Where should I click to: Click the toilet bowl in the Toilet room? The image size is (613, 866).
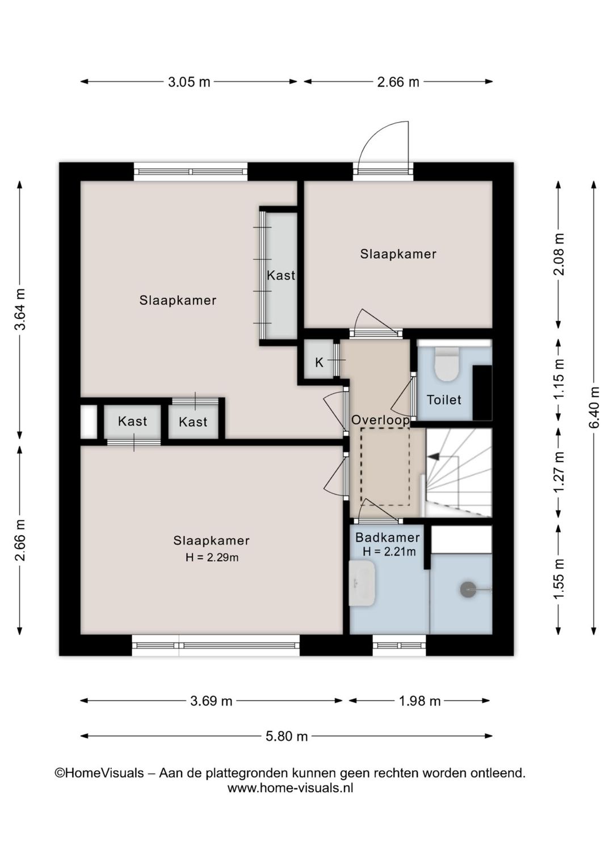(x=447, y=364)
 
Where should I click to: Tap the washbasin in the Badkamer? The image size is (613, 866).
(x=362, y=583)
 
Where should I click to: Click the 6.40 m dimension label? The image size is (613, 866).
(x=594, y=407)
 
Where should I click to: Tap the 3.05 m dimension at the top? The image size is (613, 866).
(x=189, y=82)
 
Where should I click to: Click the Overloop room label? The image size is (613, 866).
(x=380, y=420)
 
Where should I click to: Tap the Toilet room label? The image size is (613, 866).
(x=444, y=400)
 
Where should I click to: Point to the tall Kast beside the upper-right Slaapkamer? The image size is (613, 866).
(x=281, y=275)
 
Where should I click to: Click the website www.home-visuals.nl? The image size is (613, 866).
(x=290, y=788)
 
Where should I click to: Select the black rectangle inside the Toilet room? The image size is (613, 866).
(x=482, y=393)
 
